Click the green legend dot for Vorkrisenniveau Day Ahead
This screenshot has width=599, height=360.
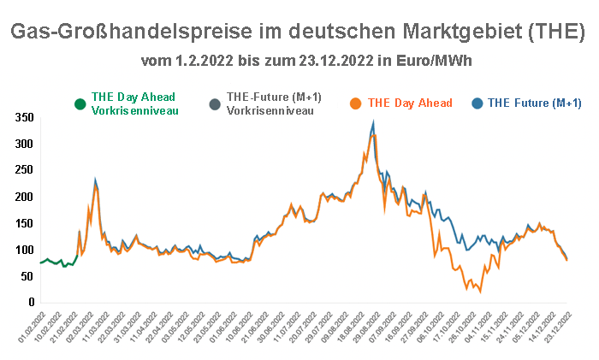(x=80, y=104)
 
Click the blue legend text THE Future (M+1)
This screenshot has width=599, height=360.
(x=534, y=103)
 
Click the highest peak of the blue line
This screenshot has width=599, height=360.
(x=373, y=122)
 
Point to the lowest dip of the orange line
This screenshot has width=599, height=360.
(x=480, y=292)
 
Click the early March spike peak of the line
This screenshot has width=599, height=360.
(x=96, y=181)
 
